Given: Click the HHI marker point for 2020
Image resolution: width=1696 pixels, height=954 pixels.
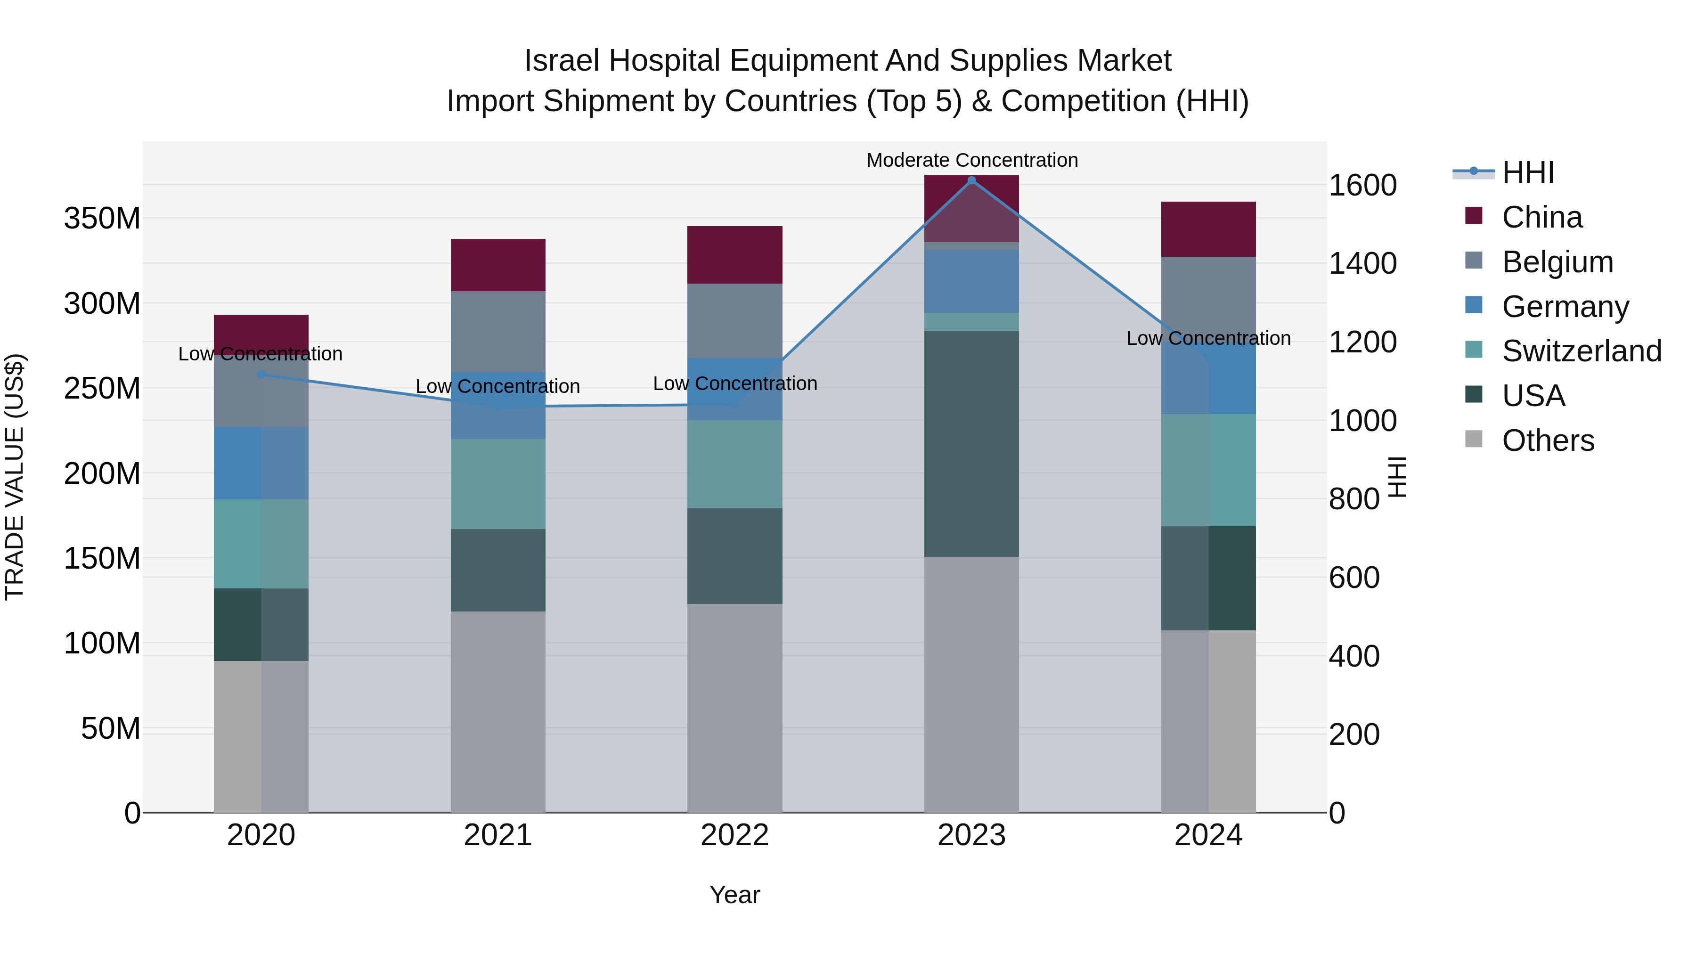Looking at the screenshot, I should pyautogui.click(x=261, y=375).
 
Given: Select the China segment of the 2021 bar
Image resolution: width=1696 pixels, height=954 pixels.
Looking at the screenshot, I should pyautogui.click(x=498, y=265).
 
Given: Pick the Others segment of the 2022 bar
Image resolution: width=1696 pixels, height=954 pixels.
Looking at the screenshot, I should pyautogui.click(x=735, y=708).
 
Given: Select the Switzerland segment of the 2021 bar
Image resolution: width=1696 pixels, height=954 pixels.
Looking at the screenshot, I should pyautogui.click(x=498, y=484).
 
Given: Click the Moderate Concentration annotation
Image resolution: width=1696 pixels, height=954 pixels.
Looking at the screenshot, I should pyautogui.click(x=972, y=160).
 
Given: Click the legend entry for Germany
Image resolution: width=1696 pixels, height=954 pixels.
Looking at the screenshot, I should pyautogui.click(x=1565, y=307).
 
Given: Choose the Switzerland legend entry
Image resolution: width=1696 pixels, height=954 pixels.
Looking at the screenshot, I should pyautogui.click(x=1582, y=351).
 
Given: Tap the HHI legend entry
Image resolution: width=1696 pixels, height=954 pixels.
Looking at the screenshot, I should pyautogui.click(x=1527, y=172).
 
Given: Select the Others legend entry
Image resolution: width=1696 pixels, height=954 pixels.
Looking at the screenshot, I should pyautogui.click(x=1548, y=440).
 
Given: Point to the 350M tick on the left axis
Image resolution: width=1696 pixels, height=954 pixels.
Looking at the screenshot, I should pyautogui.click(x=102, y=218).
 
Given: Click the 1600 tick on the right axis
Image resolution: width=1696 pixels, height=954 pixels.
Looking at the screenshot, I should pyautogui.click(x=1362, y=185).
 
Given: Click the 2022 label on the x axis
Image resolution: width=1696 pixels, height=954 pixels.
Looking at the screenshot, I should pyautogui.click(x=735, y=835).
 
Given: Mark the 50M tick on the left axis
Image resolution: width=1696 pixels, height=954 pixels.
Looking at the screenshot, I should pyautogui.click(x=111, y=729).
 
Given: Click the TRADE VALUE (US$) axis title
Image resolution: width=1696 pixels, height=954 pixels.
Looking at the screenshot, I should pyautogui.click(x=15, y=477).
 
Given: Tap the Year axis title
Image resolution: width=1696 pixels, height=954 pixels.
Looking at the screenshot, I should pyautogui.click(x=735, y=895).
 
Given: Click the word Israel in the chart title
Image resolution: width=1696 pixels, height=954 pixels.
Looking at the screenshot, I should pyautogui.click(x=562, y=61).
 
